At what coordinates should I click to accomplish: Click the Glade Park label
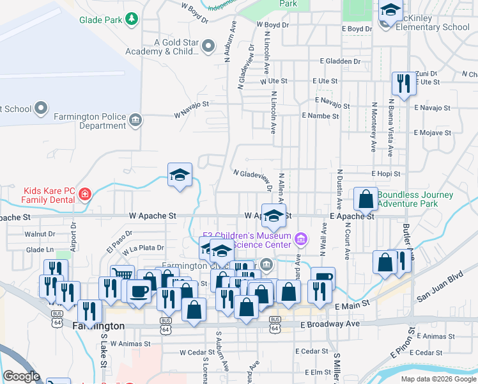(100, 20)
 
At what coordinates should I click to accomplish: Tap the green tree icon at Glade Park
(132, 19)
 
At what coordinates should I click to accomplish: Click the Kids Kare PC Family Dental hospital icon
(85, 195)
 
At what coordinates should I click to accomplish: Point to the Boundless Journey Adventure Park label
(415, 200)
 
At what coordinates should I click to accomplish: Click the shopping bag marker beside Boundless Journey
(366, 199)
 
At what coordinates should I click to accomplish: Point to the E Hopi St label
(385, 173)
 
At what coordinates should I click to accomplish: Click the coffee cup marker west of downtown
(139, 291)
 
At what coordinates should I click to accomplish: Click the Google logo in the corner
(21, 376)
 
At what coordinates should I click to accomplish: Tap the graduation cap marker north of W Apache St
(180, 175)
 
